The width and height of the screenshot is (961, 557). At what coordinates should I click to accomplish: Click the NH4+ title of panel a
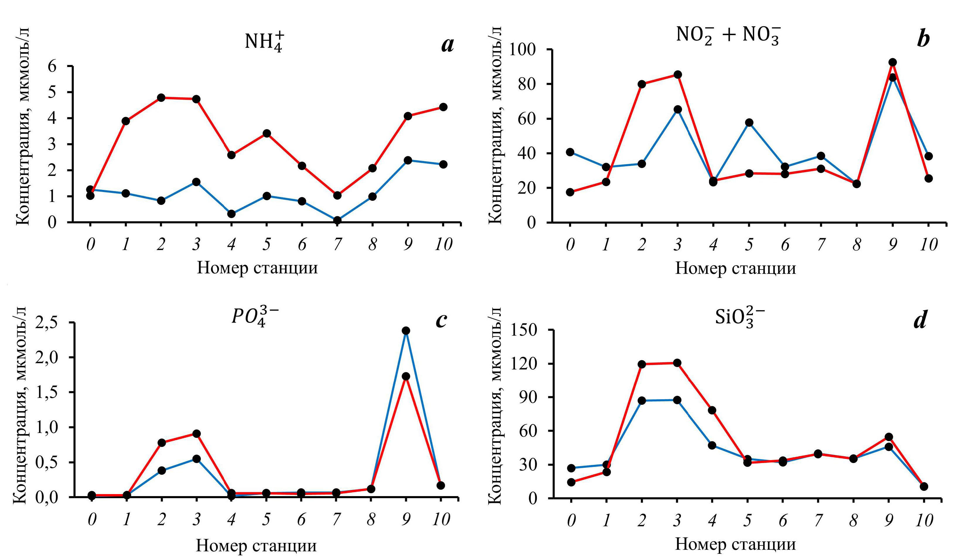264,41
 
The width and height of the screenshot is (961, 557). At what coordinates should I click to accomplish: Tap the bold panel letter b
923,39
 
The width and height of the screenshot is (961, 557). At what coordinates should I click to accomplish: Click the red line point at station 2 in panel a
161,97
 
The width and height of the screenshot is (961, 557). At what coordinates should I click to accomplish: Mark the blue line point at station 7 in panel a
337,220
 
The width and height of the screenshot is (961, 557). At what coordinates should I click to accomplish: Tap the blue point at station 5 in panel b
749,122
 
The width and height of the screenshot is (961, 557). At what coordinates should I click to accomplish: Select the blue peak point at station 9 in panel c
406,330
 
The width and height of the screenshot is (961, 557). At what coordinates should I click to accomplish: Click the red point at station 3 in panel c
196,433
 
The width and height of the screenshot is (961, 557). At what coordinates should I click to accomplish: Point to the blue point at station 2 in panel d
642,401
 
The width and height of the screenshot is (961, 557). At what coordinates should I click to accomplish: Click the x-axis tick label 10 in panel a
443,244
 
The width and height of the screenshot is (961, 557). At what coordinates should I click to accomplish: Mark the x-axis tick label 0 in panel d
571,520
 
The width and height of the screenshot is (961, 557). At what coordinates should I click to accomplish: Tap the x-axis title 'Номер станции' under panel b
735,268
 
